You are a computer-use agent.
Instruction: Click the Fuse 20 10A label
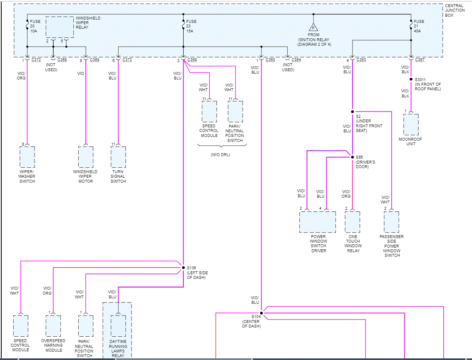(x=35, y=26)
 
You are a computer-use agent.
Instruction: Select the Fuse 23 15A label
(x=191, y=26)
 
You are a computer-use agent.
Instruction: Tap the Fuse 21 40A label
(x=419, y=26)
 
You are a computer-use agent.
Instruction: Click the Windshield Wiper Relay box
(x=60, y=27)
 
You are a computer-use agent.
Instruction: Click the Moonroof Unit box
(x=411, y=124)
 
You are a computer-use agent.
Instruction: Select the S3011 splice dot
(x=411, y=79)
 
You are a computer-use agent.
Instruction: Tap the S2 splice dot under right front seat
(x=353, y=112)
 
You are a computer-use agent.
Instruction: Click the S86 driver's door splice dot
(x=353, y=157)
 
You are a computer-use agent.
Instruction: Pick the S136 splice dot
(x=183, y=267)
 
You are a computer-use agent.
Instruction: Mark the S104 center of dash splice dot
(x=261, y=313)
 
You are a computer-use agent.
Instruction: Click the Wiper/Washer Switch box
(x=27, y=157)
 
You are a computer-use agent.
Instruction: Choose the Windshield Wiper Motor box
(x=85, y=157)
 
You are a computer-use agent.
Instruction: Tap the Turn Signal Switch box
(x=118, y=157)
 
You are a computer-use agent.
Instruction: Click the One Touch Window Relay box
(x=353, y=222)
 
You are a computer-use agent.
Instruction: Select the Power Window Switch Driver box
(x=318, y=222)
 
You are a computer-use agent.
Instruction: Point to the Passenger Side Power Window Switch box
(x=392, y=222)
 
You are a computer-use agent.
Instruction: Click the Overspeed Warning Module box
(x=53, y=326)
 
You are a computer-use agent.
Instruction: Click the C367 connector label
(x=420, y=60)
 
